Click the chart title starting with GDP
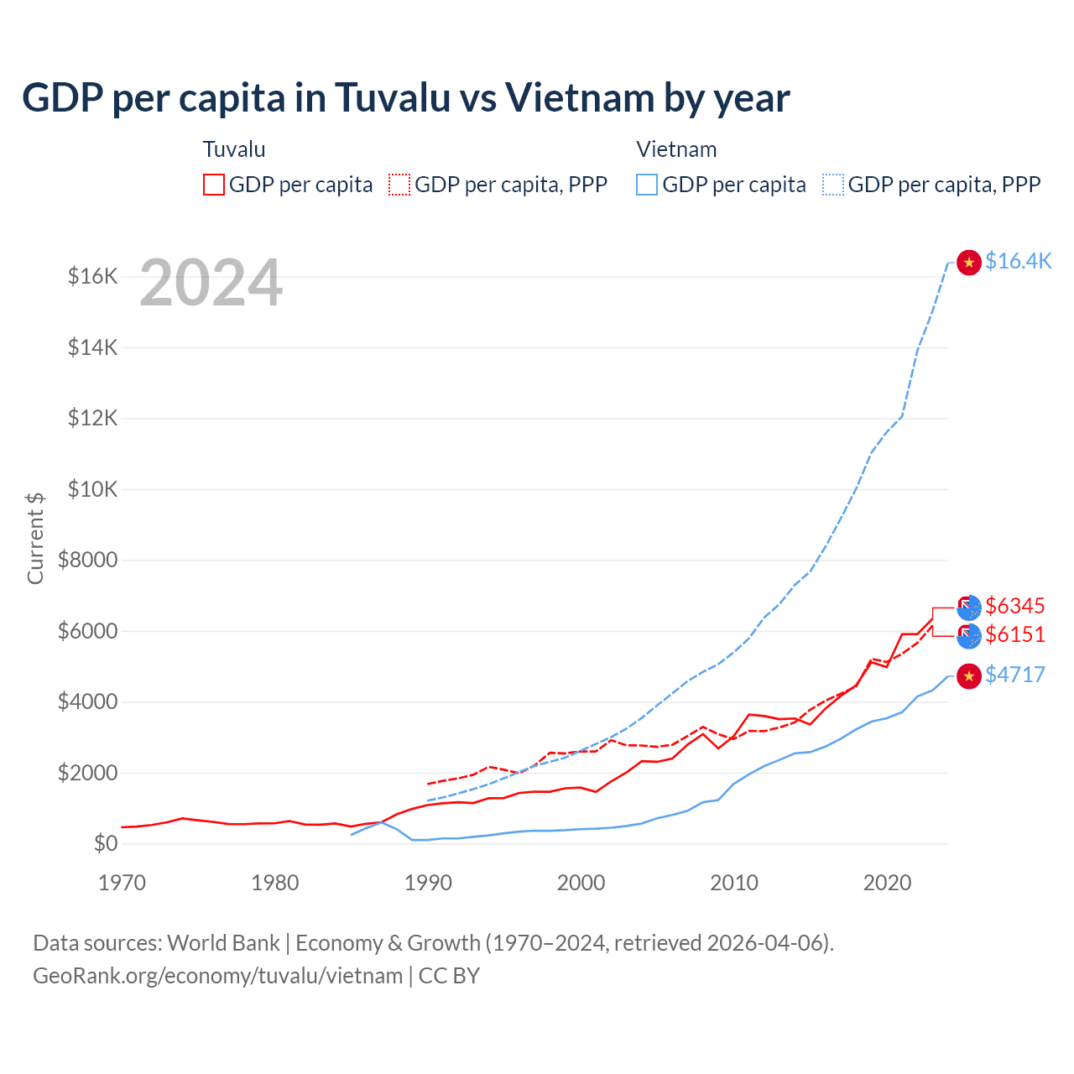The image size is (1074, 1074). pos(405,98)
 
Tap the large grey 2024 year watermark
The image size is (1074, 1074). pos(211,284)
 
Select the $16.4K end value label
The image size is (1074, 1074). pos(1018,261)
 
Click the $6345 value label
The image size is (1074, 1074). pos(1015,606)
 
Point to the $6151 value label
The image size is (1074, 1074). pos(1015,634)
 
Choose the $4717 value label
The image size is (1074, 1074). pos(1015,675)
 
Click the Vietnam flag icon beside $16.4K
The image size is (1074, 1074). pos(969,263)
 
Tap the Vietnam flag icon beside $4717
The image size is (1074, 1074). pos(969,676)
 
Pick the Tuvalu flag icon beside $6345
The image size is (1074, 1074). pos(969,607)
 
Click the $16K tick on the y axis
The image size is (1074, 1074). pos(93,276)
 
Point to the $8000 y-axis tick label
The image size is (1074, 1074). pos(88,560)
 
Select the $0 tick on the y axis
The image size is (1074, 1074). pos(106,843)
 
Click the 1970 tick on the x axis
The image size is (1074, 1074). pos(123,883)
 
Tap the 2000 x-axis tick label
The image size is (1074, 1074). pos(581,883)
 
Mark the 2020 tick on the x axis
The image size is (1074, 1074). pos(887,883)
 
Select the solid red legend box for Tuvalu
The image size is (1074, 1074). pos(214,185)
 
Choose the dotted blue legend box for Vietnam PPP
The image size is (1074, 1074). pos(833,185)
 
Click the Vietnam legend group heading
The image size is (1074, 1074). pos(676,149)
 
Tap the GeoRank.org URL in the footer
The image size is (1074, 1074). pos(217,976)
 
